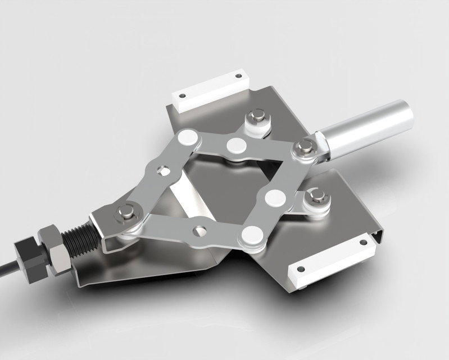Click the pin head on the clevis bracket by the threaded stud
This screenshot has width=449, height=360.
coord(125,211)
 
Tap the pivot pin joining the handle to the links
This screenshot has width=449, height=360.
coord(305,147)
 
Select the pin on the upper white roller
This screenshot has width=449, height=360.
coord(257,116)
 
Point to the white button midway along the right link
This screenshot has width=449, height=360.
coord(275,196)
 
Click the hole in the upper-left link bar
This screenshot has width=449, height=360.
coord(164,169)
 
